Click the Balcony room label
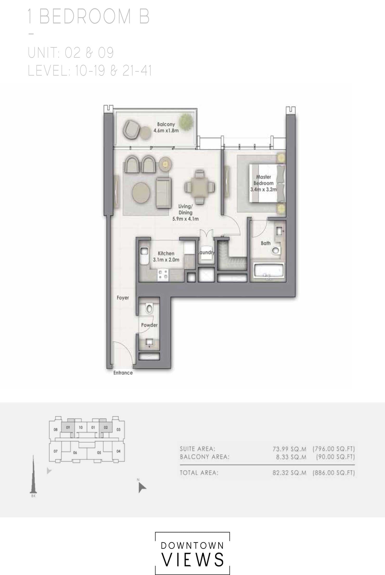coord(166,124)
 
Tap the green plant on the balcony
coord(186,121)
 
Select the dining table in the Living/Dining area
coord(200,187)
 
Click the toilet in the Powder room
coord(149,308)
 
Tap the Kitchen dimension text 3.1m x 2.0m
coord(166,260)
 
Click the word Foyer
coord(123,298)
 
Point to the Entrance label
coord(123,373)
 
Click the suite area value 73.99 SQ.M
coord(289,449)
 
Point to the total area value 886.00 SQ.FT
coord(334,473)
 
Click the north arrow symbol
coord(142,488)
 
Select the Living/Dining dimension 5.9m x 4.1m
coord(185,219)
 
